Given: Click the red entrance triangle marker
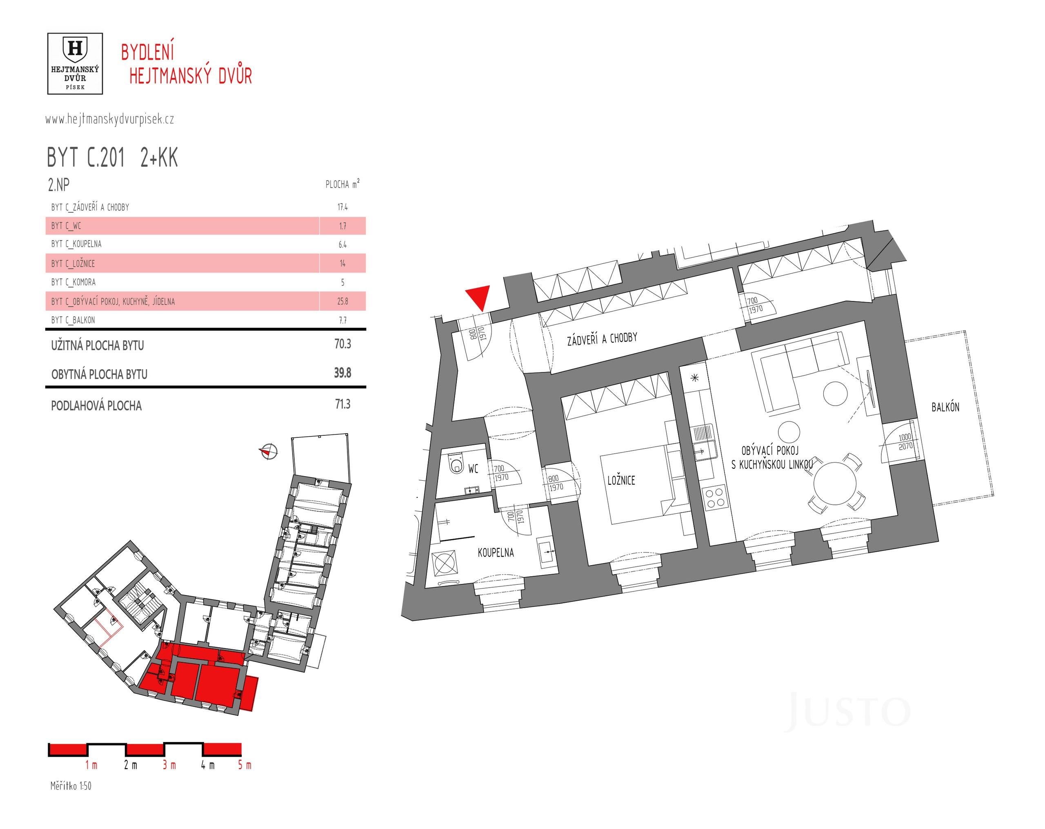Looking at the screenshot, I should [x=478, y=296].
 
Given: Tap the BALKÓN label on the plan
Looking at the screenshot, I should [x=945, y=407].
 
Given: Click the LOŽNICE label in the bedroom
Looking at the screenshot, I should [x=621, y=480].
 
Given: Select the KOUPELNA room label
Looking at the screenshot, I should [x=496, y=553].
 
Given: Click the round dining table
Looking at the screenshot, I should [x=833, y=484].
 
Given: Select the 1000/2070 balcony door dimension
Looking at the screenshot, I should [x=905, y=441].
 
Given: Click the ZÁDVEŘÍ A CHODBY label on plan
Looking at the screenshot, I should [x=602, y=339].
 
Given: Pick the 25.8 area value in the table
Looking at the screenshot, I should [x=342, y=301].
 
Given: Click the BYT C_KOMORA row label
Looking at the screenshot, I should [x=73, y=282].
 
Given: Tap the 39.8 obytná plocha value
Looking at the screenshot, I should [x=342, y=373].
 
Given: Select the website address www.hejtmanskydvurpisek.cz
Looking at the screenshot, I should [x=109, y=119].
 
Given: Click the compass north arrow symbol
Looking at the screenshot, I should [x=268, y=451].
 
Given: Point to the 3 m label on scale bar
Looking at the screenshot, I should [x=169, y=765].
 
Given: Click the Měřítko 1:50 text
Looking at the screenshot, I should [x=71, y=786].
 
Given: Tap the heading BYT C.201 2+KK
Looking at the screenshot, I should [x=112, y=158].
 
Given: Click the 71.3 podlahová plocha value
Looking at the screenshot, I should [x=342, y=404].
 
